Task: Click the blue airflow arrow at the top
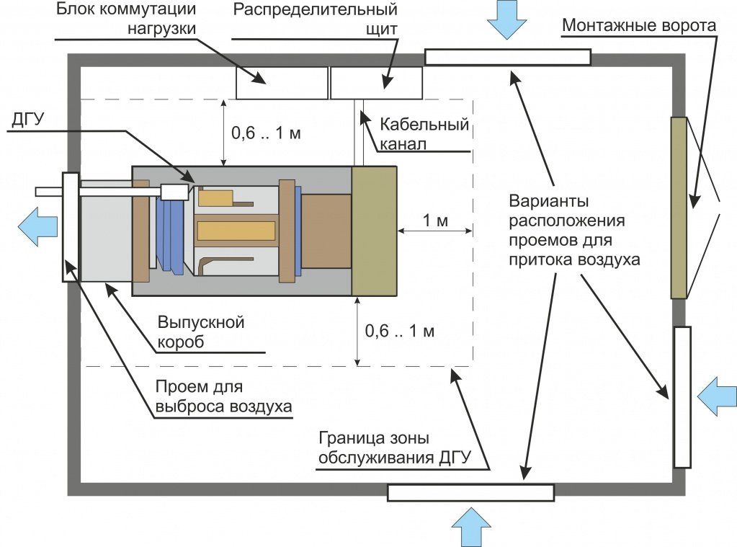[x=508, y=19]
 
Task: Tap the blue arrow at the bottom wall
[x=471, y=526]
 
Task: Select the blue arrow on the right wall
[x=716, y=396]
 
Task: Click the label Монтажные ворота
[x=639, y=27]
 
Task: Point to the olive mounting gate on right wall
[x=678, y=208]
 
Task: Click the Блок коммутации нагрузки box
[x=282, y=82]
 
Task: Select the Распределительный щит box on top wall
[x=376, y=82]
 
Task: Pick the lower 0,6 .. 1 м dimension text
[x=400, y=332]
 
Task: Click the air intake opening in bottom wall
[x=470, y=492]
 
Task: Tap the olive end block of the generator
[x=374, y=231]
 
